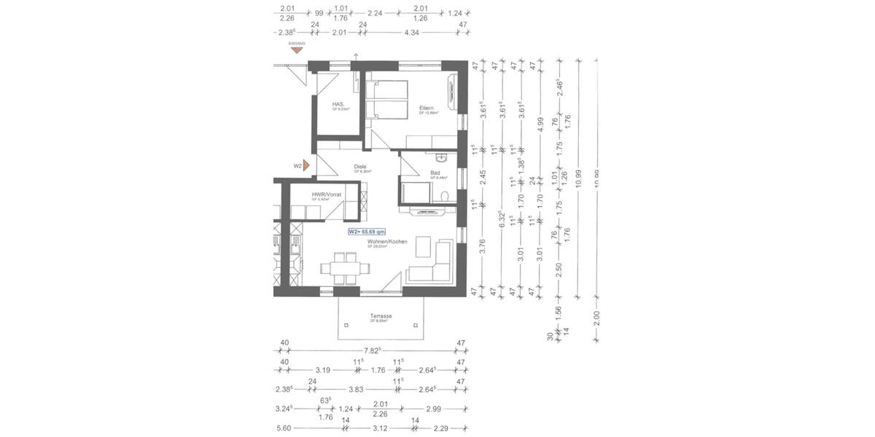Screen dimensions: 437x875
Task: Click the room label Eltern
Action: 427,109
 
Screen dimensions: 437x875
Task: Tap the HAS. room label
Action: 338,104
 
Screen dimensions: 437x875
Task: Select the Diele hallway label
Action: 359,166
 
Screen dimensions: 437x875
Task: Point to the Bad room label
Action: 435,173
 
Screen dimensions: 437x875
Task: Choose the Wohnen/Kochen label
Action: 387,241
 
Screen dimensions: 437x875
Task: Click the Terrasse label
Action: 381,316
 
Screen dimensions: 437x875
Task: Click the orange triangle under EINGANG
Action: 297,50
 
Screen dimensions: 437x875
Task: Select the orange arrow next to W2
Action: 307,165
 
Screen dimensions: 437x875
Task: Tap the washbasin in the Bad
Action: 440,158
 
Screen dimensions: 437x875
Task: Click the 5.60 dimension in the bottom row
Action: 284,429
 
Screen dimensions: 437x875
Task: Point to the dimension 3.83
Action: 356,389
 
